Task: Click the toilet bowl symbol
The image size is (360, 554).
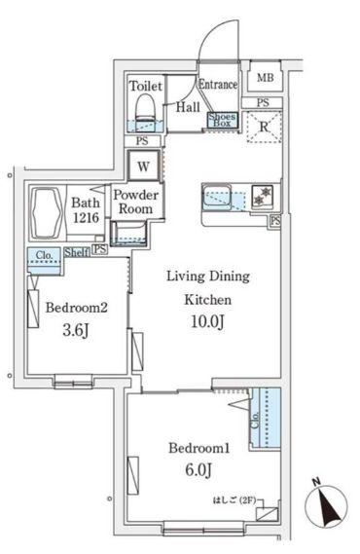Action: (x=145, y=109)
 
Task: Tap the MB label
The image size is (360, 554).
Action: (x=266, y=77)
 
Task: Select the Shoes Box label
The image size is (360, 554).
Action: (x=222, y=120)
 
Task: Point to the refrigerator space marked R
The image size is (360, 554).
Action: (x=265, y=127)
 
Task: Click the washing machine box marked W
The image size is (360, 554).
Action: (x=143, y=166)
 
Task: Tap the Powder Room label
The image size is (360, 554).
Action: (x=135, y=202)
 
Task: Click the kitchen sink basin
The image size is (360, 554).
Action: (x=217, y=196)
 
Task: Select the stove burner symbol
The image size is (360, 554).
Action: (x=263, y=196)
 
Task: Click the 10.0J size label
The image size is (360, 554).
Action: (x=207, y=321)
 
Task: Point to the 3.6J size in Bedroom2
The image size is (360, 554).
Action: (x=76, y=330)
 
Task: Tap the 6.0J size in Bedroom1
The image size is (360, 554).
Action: (x=198, y=470)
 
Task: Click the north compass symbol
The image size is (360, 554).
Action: (x=326, y=502)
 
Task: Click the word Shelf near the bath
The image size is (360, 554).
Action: (x=77, y=252)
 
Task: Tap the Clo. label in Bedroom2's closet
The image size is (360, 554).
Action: (x=44, y=255)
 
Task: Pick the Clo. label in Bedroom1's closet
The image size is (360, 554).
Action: (x=255, y=420)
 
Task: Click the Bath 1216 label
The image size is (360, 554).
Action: (x=86, y=210)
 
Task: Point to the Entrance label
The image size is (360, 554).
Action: (x=218, y=84)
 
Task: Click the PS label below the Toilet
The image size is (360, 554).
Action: (x=142, y=141)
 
